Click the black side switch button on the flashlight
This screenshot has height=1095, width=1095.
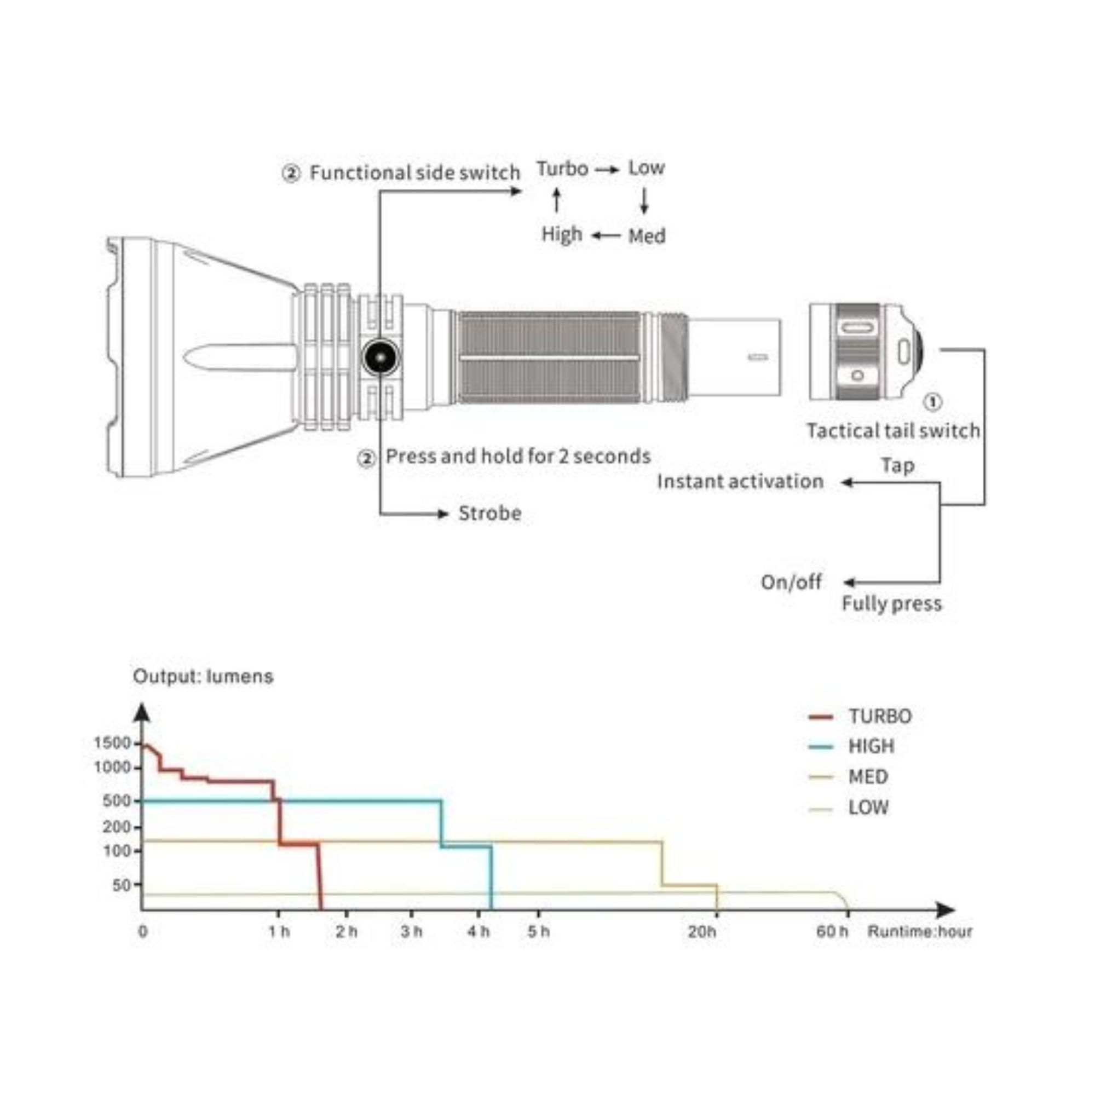pos(381,358)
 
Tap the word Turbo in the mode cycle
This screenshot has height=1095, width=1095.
pos(562,169)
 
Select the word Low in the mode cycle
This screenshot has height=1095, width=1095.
pos(646,168)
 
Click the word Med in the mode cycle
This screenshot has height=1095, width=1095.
pos(647,236)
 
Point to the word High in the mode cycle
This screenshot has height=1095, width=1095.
pos(562,234)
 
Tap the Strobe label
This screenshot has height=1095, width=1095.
pos(489,514)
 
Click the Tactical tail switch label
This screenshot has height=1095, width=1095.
pos(893,431)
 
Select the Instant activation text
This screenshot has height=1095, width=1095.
pos(740,482)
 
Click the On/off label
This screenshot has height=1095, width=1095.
pos(791,582)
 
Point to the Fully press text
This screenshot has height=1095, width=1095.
pos(891,603)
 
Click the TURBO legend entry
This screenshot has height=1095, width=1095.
pos(860,716)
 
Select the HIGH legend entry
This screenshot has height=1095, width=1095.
pos(851,746)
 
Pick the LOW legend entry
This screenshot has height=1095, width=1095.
pos(849,807)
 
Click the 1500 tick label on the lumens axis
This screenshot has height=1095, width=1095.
pos(113,742)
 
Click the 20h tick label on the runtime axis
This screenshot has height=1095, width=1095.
pos(702,932)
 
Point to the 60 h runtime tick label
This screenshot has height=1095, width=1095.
pos(832,932)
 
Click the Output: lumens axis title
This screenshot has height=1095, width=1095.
pos(203,677)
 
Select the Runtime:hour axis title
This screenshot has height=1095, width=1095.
pos(920,932)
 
